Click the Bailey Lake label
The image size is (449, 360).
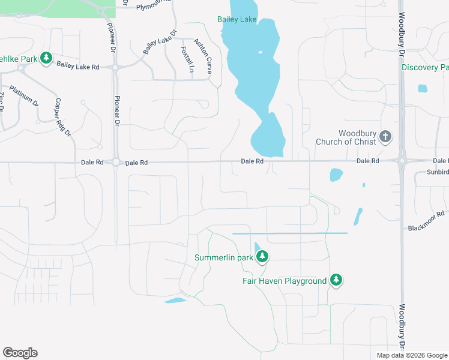tap(237, 20)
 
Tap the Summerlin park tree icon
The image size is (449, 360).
tap(262, 257)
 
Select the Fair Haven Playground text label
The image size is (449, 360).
tap(285, 280)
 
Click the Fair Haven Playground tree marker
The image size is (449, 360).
tap(336, 280)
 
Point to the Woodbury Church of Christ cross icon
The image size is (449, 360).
tap(385, 137)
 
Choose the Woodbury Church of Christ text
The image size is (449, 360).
tap(349, 137)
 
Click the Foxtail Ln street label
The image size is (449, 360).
tap(186, 59)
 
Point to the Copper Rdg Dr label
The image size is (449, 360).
tap(63, 116)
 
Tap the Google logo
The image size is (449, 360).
tap(20, 353)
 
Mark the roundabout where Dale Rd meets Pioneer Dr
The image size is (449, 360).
tap(115, 163)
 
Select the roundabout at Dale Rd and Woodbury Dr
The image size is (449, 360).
tap(401, 161)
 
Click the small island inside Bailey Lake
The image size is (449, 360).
tap(260, 52)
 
